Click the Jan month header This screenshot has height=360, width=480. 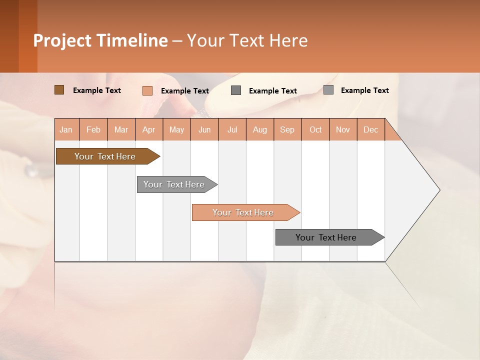[x=66, y=129]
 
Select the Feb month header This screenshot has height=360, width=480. [x=93, y=129]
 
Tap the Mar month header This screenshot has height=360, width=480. [x=121, y=129]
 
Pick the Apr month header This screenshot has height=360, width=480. [x=149, y=129]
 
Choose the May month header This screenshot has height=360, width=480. [x=176, y=129]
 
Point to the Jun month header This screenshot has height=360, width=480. [x=204, y=129]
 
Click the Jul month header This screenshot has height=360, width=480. [x=232, y=129]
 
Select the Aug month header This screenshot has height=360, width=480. [x=260, y=129]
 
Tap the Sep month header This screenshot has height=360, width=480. [x=287, y=129]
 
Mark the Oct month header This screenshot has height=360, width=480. [x=315, y=129]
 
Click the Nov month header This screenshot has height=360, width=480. [x=343, y=129]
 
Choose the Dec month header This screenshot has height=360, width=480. [x=371, y=129]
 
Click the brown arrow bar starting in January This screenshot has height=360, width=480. [x=105, y=156]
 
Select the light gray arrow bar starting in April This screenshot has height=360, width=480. [x=174, y=184]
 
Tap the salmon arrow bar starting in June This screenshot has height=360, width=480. [x=243, y=212]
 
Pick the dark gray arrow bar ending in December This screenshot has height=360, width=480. [x=326, y=237]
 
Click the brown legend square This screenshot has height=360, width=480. [x=59, y=90]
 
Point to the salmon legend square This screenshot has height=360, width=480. [x=147, y=90]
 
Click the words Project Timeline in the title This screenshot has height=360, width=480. [x=100, y=40]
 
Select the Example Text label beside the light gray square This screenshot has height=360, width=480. [x=364, y=90]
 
